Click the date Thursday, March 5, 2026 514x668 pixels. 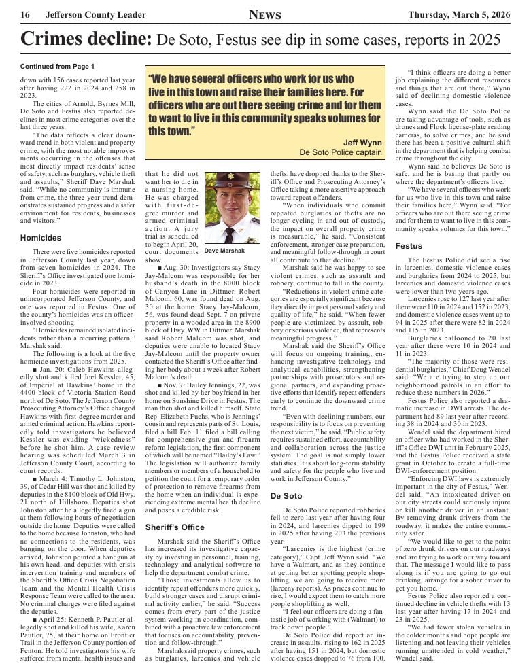458,15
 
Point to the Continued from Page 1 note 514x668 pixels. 57,67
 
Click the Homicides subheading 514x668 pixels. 41,239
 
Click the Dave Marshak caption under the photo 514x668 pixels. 224,250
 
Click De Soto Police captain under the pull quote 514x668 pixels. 341,152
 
